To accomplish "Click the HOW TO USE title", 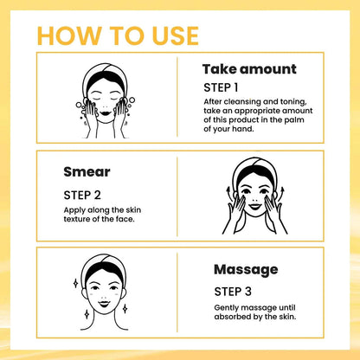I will pos(119,35).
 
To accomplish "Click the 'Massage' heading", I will pos(246,269).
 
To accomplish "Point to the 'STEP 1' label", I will pos(221,88).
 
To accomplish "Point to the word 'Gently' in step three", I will pos(227,308).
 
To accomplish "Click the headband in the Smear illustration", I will pos(252,165).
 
